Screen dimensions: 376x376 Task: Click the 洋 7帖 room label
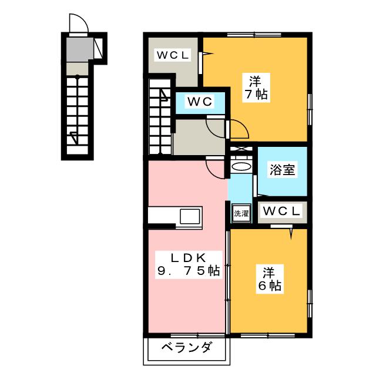coord(256,87)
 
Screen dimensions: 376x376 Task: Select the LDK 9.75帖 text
coord(188,264)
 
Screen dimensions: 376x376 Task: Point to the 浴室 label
coord(283,170)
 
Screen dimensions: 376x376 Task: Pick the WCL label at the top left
coord(172,56)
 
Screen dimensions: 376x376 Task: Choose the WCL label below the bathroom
coord(282,210)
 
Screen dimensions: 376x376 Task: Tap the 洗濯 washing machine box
coord(241,213)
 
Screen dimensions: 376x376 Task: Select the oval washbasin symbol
coord(241,167)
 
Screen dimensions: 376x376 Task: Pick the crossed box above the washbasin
coord(241,149)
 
